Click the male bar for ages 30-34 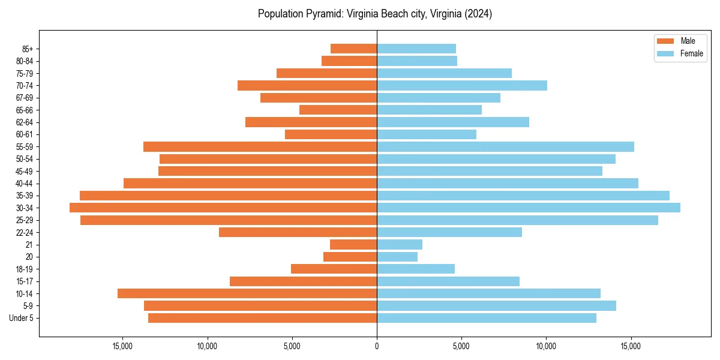click(x=223, y=208)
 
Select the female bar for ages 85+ click(x=416, y=49)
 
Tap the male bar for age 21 click(x=353, y=244)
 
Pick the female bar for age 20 click(x=397, y=257)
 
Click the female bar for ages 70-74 click(x=462, y=85)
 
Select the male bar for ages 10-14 click(x=247, y=293)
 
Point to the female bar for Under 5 click(x=487, y=318)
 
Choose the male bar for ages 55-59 click(x=260, y=146)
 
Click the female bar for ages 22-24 click(x=449, y=232)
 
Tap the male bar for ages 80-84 click(x=349, y=61)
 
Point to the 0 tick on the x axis click(x=377, y=346)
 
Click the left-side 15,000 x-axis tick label click(x=122, y=346)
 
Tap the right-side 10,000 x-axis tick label click(x=546, y=346)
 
